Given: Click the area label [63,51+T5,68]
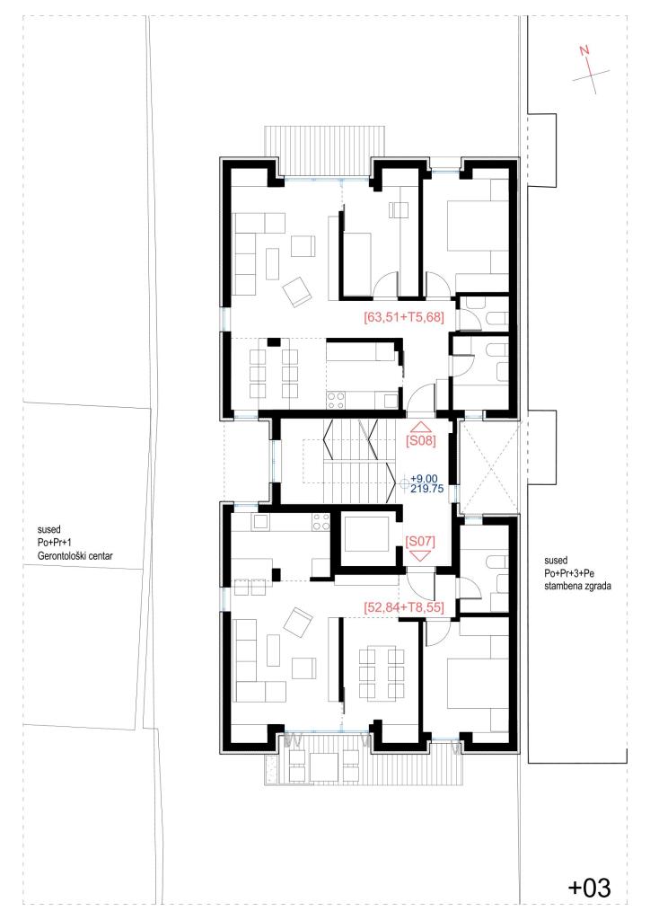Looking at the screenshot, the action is pos(404,317).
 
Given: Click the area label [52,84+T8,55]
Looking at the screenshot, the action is pos(404,607).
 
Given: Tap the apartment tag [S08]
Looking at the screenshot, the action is pos(421,440).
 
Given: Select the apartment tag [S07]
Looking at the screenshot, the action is pos(421,541).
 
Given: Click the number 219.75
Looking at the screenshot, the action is pos(427,489).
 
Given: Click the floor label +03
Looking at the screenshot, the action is pos(590,888).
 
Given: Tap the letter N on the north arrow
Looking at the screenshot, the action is pos(584,51).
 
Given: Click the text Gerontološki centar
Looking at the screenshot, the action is pos(75,555).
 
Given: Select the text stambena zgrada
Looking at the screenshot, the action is pos(577,586).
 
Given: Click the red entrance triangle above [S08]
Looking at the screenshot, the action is pos(421,427).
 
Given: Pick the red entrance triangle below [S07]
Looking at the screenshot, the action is pos(421,556).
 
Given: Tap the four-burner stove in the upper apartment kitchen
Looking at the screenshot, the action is pos(336,400).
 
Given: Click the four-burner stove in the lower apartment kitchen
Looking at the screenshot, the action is pos(321,522).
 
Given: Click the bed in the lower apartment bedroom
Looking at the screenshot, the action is pos(478,683).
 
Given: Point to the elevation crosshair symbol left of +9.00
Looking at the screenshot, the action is pos(404,483).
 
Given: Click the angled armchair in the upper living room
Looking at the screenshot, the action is pos(296,292).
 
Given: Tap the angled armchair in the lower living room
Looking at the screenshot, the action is pos(298,622).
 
